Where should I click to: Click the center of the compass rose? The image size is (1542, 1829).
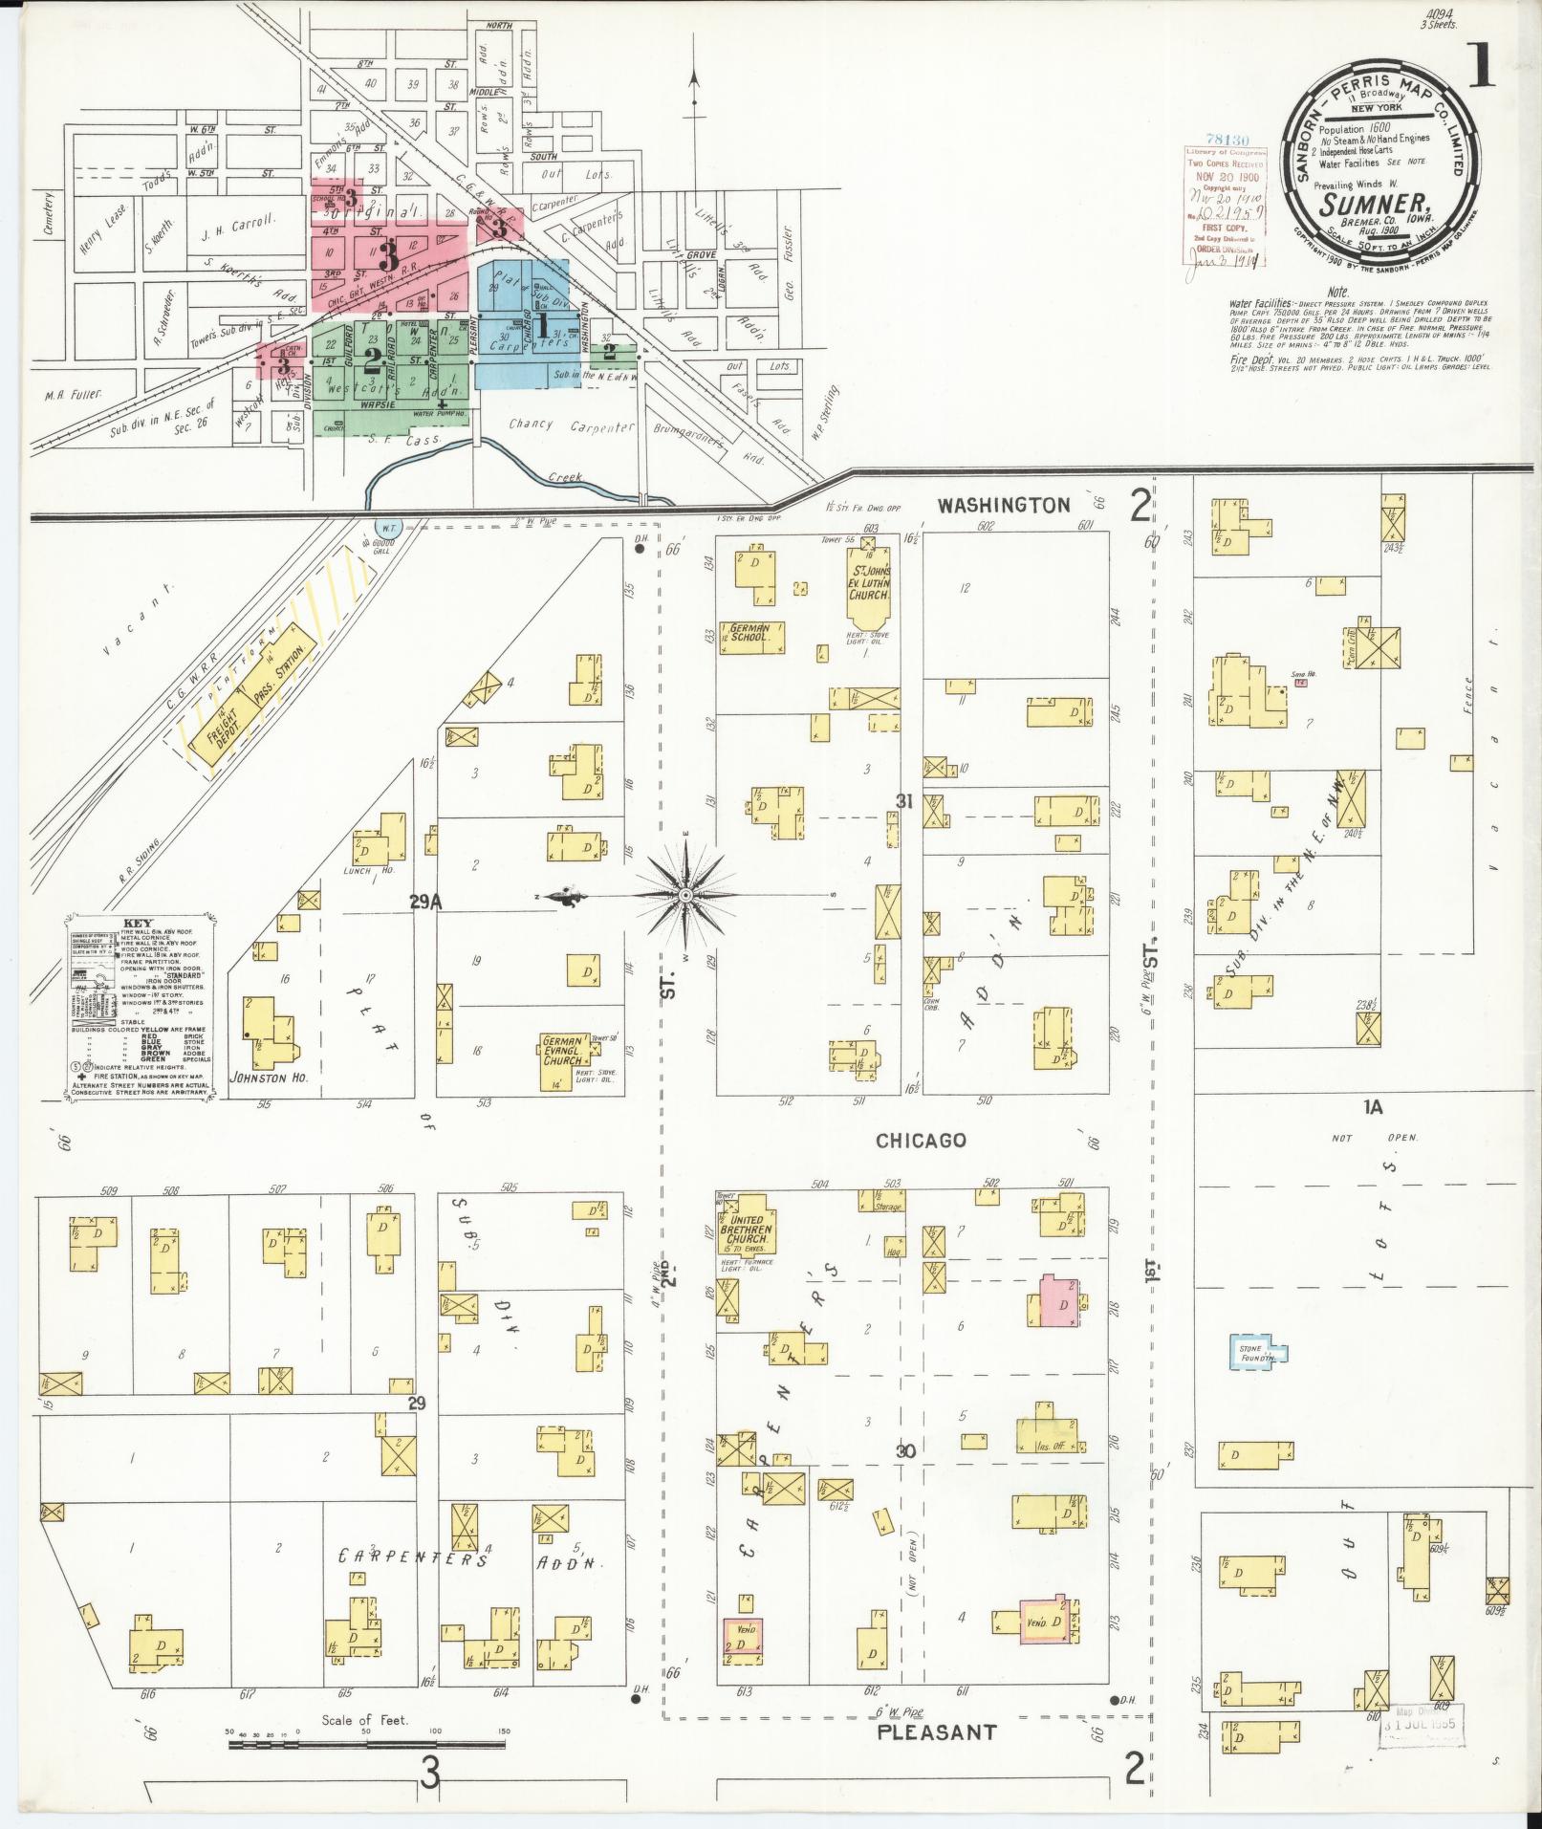tap(684, 895)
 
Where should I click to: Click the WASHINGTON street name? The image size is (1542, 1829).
tap(1003, 506)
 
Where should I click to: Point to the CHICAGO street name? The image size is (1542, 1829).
tap(921, 1141)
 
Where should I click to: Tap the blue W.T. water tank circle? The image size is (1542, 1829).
tap(388, 528)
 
